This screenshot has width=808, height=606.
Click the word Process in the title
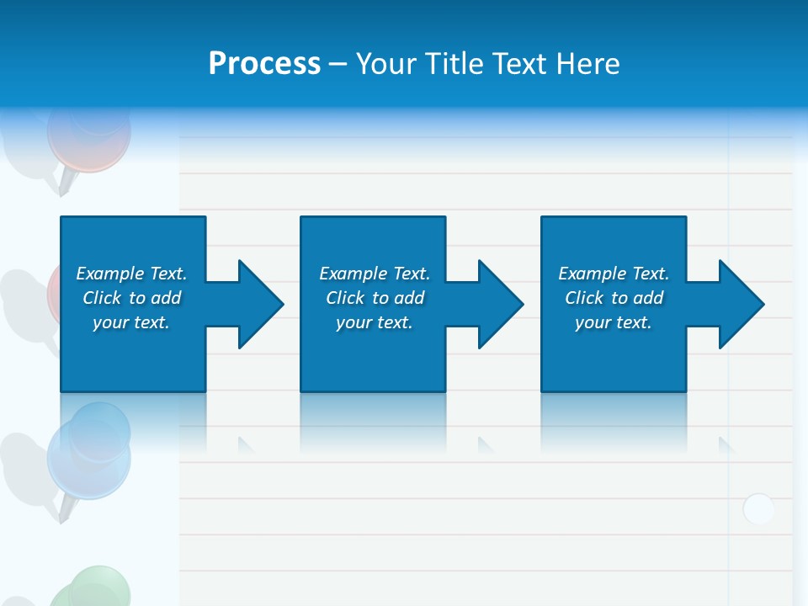264,63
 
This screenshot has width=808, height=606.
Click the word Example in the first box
109,274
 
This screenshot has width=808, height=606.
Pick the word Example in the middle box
353,274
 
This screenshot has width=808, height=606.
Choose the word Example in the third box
592,274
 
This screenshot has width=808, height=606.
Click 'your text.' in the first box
131,322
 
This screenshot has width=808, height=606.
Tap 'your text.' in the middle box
375,322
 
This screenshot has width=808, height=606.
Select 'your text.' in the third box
614,322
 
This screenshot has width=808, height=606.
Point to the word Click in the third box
585,298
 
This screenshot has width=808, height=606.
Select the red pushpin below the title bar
88,135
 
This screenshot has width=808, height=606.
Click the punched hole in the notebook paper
758,508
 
